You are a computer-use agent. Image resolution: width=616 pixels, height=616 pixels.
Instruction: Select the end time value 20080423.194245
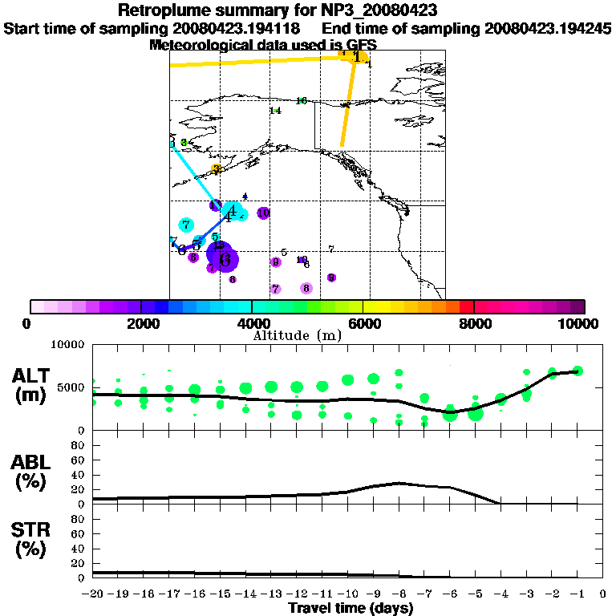pyautogui.click(x=549, y=29)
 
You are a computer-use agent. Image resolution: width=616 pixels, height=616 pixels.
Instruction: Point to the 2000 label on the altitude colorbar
pyautogui.click(x=140, y=323)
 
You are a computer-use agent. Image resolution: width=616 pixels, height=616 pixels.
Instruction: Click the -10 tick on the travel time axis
pyautogui.click(x=347, y=594)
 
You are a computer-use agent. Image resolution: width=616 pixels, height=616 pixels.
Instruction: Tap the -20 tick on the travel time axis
pyautogui.click(x=93, y=594)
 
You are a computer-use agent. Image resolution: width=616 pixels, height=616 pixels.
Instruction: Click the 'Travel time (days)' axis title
pyautogui.click(x=351, y=609)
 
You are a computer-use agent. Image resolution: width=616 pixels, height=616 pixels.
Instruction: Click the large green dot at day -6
pyautogui.click(x=450, y=413)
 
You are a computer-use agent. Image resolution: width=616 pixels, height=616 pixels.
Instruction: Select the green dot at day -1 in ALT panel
pyautogui.click(x=577, y=371)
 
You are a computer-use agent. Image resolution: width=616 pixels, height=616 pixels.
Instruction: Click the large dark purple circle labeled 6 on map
pyautogui.click(x=224, y=258)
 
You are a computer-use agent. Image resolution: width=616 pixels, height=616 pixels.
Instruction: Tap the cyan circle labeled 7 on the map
pyautogui.click(x=186, y=225)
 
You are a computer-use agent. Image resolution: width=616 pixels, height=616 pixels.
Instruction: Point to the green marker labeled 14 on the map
pyautogui.click(x=275, y=111)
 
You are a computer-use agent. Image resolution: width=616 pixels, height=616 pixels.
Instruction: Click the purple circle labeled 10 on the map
pyautogui.click(x=263, y=213)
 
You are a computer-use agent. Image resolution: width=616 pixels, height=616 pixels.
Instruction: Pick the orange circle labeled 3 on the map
pyautogui.click(x=216, y=168)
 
